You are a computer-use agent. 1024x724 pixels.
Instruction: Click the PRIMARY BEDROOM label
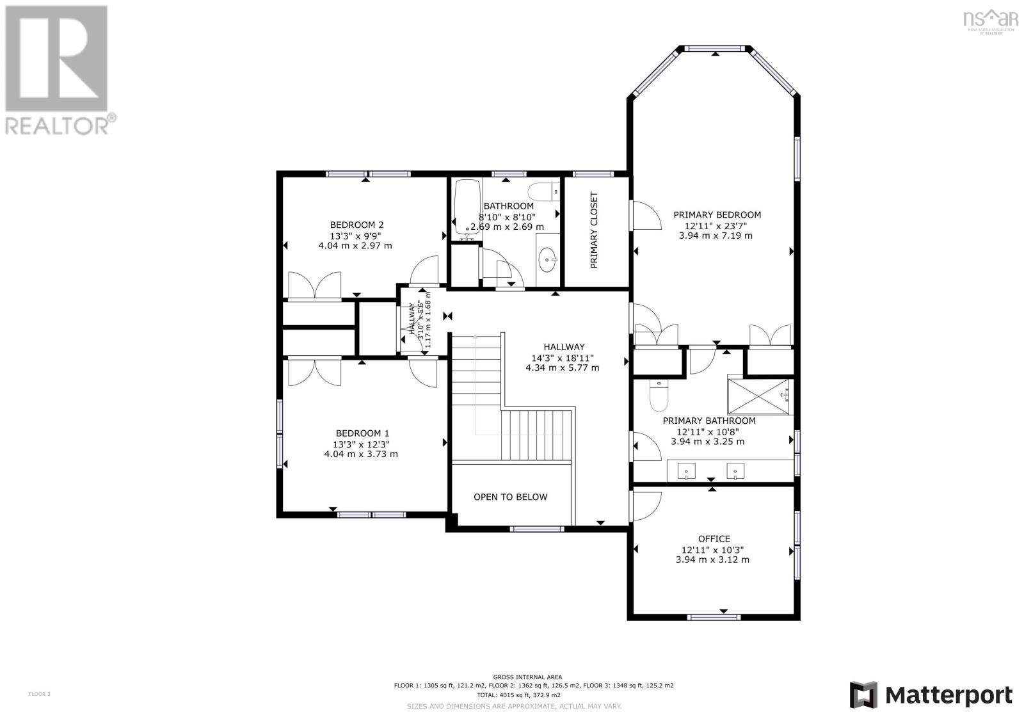(717, 215)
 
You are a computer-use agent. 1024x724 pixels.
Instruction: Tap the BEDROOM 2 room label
(356, 225)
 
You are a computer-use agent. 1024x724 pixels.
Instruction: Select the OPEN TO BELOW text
(510, 497)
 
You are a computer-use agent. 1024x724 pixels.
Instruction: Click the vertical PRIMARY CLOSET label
(594, 230)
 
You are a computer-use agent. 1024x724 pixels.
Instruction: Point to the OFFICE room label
(714, 539)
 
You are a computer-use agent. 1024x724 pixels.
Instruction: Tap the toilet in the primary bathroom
(659, 395)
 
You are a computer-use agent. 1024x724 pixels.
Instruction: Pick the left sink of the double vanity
(686, 471)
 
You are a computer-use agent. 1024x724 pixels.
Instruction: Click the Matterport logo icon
(863, 695)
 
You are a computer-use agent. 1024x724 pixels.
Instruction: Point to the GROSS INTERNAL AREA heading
(527, 677)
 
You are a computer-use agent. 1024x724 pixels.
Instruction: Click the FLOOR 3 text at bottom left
(39, 694)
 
